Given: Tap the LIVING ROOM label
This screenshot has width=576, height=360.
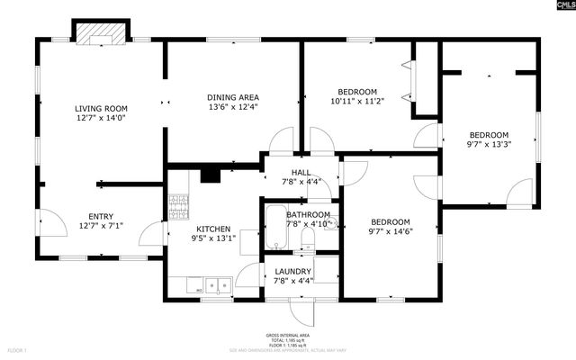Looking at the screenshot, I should click(x=101, y=108).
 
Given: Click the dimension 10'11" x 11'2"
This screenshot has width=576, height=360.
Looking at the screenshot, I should click(x=357, y=102).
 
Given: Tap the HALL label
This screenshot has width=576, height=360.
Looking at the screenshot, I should click(x=301, y=172).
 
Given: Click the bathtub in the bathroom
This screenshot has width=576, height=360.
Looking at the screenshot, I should click(x=274, y=227).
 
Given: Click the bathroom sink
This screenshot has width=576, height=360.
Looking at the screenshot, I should click(x=329, y=221).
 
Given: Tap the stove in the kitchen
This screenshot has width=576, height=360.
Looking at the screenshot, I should click(x=177, y=207).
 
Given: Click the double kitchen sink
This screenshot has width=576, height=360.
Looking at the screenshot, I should click(x=216, y=287).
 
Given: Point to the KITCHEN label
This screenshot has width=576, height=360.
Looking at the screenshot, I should click(x=213, y=229).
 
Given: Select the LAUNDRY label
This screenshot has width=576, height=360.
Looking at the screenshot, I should click(x=292, y=272).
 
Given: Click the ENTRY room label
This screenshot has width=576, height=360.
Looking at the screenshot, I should click(x=101, y=216).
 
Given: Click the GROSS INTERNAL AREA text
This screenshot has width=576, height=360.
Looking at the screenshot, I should click(x=288, y=333).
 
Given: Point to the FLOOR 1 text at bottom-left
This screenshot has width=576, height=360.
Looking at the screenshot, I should click(x=18, y=349).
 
